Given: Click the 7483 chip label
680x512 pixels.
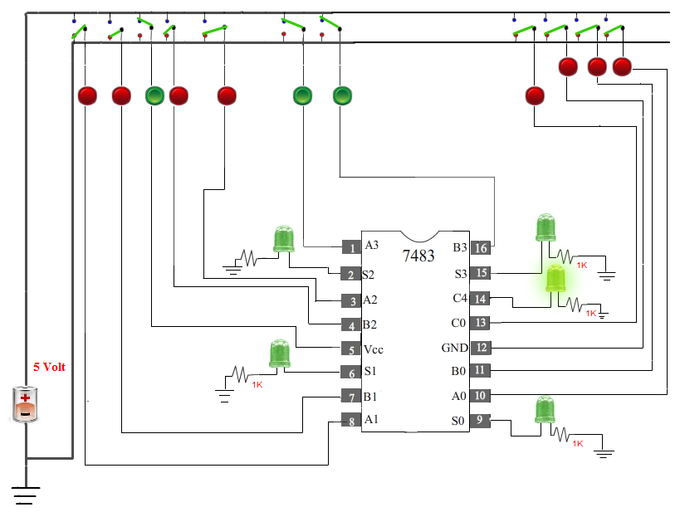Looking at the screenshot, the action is click(x=418, y=256).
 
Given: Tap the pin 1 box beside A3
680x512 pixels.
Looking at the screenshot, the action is click(x=351, y=247).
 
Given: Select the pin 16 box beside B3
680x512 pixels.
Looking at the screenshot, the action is click(x=481, y=247).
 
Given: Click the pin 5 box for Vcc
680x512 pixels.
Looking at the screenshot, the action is click(x=351, y=349).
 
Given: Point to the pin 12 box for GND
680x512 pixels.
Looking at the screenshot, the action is click(x=481, y=347).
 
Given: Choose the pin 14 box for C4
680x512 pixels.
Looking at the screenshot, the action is click(x=480, y=298).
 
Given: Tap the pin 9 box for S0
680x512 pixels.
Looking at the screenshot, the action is click(x=480, y=420).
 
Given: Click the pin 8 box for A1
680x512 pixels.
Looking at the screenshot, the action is click(x=351, y=421).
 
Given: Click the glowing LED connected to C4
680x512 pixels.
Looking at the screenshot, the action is click(x=555, y=279).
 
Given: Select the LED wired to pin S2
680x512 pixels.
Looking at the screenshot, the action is click(x=284, y=239).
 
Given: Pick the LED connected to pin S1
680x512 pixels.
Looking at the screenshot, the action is click(x=280, y=354).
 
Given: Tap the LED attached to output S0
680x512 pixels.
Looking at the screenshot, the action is click(x=545, y=410).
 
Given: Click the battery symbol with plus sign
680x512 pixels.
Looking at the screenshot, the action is click(x=25, y=404).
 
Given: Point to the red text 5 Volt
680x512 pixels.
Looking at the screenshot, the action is click(x=50, y=367).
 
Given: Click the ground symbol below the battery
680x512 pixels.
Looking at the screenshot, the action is click(x=26, y=495).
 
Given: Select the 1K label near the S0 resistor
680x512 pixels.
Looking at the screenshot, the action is click(x=578, y=443).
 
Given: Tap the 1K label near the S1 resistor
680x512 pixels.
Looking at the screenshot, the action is click(x=257, y=384).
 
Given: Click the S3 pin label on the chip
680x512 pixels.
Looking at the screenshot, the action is click(x=461, y=274).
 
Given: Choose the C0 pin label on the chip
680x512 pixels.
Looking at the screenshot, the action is click(x=458, y=323).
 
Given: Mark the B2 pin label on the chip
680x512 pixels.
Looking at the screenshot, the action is click(x=369, y=324).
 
